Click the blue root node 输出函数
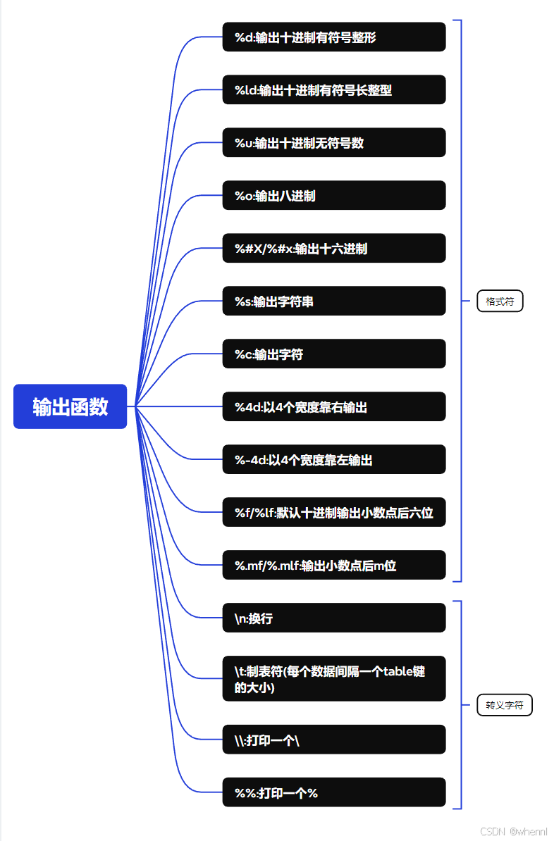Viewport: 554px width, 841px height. (70, 406)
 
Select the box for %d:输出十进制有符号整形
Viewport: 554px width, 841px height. (334, 37)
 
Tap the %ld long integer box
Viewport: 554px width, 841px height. (334, 89)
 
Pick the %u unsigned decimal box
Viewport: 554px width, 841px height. (334, 142)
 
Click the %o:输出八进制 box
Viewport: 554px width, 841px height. (334, 195)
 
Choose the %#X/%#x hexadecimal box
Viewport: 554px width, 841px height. (334, 248)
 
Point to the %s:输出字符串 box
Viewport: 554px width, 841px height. (334, 301)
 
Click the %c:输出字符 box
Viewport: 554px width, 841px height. (334, 354)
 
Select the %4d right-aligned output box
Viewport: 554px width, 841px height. (334, 406)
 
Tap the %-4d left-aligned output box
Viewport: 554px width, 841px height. (334, 459)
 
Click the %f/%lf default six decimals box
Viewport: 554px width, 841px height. (334, 512)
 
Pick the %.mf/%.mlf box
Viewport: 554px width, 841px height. (334, 565)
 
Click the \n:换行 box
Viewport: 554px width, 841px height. (334, 618)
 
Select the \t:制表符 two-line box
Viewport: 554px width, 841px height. (334, 678)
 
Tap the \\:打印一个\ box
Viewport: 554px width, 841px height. (334, 740)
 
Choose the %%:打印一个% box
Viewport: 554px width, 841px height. (334, 792)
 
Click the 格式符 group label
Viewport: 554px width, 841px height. (500, 301)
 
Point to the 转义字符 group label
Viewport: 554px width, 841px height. (505, 704)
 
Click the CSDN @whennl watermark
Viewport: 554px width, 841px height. (514, 832)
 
